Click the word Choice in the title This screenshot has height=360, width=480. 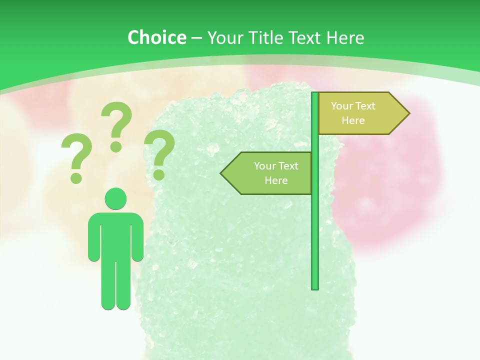pyautogui.click(x=156, y=37)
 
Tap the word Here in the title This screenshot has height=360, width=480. pyautogui.click(x=345, y=37)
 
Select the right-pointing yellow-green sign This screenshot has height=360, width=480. pyautogui.click(x=360, y=113)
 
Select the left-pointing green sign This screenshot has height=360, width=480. pyautogui.click(x=270, y=173)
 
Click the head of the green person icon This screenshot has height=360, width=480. pyautogui.click(x=116, y=198)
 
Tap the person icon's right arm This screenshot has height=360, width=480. pyautogui.click(x=93, y=237)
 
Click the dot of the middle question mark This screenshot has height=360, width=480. pyautogui.click(x=116, y=146)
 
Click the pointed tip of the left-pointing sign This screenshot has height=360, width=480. pyautogui.click(x=222, y=173)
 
